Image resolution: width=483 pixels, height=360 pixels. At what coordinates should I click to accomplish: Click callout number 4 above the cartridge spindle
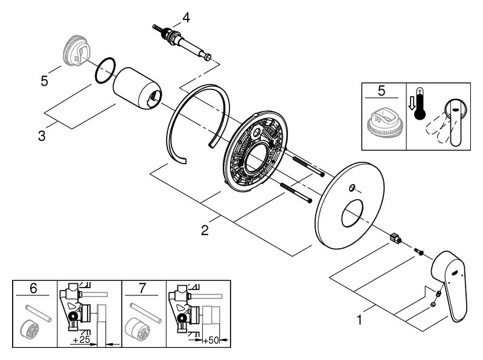click(187, 18)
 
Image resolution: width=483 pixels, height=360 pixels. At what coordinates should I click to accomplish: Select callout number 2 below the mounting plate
click(205, 229)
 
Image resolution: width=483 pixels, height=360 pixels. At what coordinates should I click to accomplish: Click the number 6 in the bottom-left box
click(33, 289)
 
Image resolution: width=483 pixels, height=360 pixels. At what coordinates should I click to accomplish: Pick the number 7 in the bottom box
click(142, 289)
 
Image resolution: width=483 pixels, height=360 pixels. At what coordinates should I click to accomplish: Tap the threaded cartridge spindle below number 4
click(185, 43)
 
